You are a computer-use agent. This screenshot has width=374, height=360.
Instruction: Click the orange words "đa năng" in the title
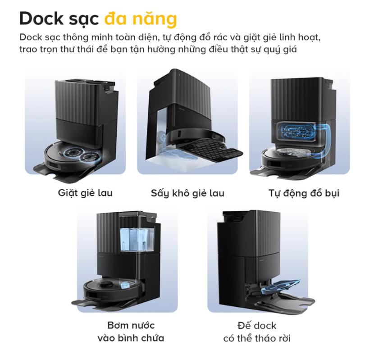pyautogui.click(x=140, y=19)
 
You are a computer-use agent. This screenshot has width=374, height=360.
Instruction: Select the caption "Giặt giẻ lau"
pyautogui.click(x=85, y=193)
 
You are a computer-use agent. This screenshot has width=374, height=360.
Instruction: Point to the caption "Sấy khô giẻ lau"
pyautogui.click(x=187, y=194)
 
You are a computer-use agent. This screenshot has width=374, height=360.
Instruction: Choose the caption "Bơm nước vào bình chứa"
pyautogui.click(x=130, y=331)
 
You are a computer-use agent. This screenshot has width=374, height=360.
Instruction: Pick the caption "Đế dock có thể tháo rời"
pyautogui.click(x=256, y=331)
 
